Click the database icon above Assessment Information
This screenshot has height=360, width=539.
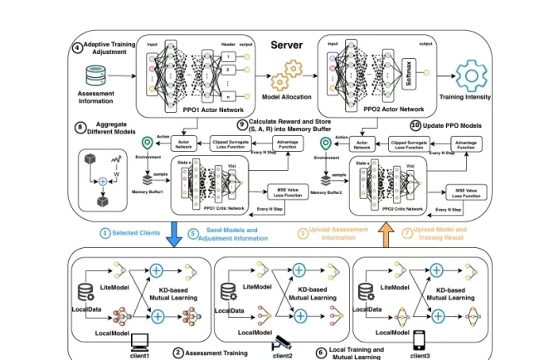point(95,77)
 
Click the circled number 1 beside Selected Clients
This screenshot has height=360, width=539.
point(104,233)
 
